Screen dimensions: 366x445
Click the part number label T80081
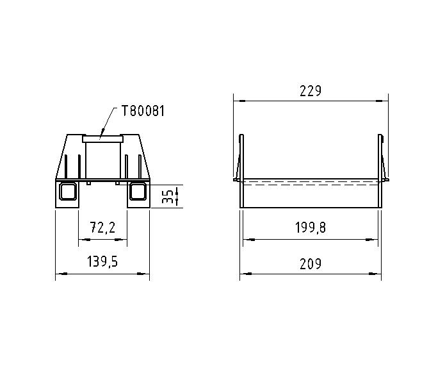click(x=143, y=111)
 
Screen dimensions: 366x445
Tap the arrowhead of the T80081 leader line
click(x=102, y=135)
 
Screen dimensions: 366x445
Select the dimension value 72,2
click(x=102, y=228)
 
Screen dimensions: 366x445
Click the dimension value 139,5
click(x=102, y=263)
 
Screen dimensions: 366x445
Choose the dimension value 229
click(x=311, y=91)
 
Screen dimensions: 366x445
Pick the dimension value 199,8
click(x=311, y=228)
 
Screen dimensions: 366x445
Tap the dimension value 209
click(x=311, y=263)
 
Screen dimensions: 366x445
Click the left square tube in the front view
click(x=67, y=192)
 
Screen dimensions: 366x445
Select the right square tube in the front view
click(x=138, y=192)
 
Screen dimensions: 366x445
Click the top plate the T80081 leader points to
click(x=102, y=138)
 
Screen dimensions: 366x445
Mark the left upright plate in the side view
click(x=241, y=157)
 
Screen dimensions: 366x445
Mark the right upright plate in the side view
click(x=381, y=157)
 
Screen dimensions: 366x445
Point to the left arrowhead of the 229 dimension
click(x=236, y=100)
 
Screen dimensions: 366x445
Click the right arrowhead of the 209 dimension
click(x=380, y=274)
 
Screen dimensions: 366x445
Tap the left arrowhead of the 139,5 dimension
click(x=59, y=274)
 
